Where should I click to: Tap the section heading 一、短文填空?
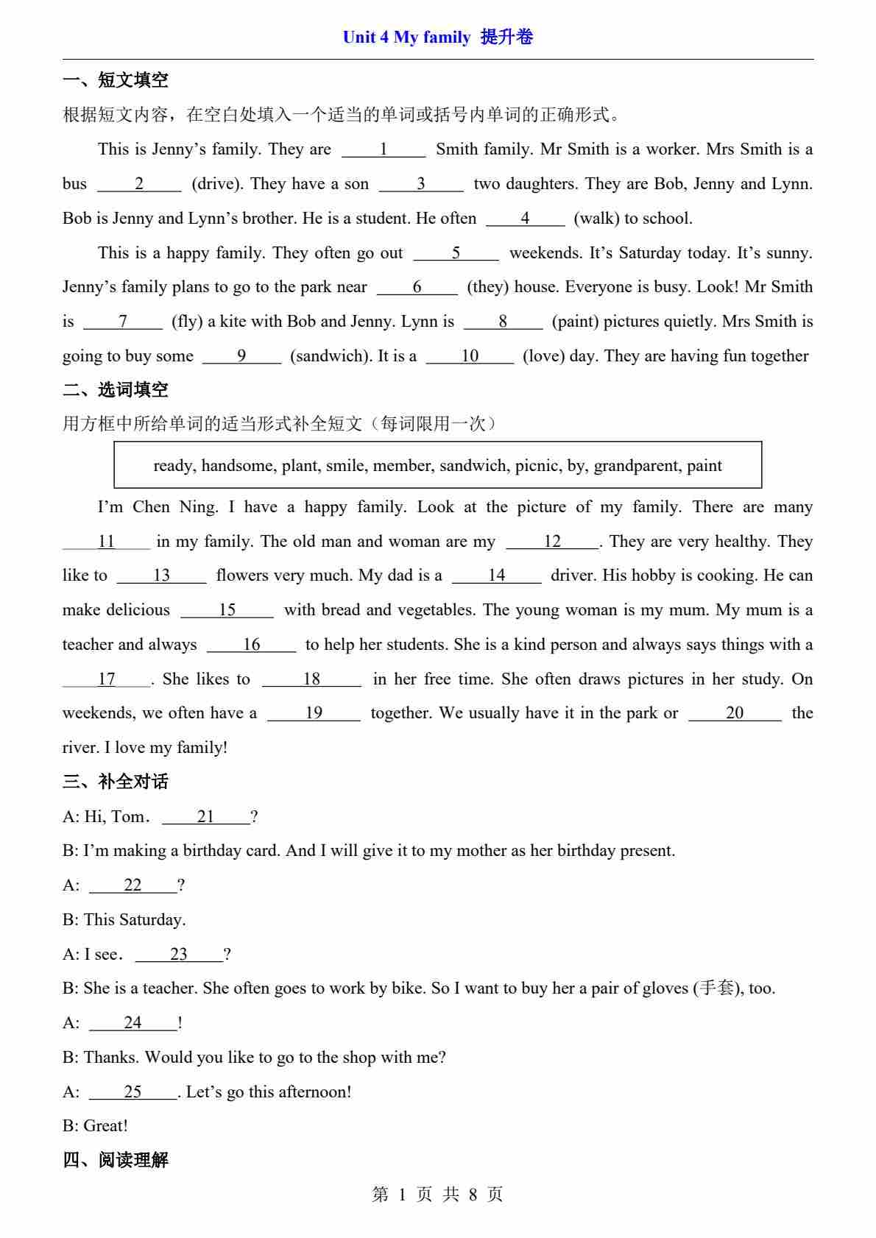(x=116, y=80)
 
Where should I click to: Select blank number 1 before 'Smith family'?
(x=384, y=149)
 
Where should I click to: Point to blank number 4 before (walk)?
(x=525, y=219)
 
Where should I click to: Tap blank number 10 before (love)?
(x=470, y=356)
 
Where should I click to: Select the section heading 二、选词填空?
(x=116, y=390)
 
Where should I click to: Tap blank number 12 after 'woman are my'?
(x=552, y=542)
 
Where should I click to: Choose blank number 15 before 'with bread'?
(x=227, y=610)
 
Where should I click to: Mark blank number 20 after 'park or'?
(x=735, y=713)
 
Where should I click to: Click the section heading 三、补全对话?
(x=116, y=782)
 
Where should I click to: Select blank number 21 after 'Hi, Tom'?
(x=205, y=817)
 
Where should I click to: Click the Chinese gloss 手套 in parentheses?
(x=716, y=988)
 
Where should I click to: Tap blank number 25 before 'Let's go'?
(x=133, y=1092)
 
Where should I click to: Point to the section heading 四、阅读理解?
(x=116, y=1161)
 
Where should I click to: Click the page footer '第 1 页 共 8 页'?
(x=437, y=1195)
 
